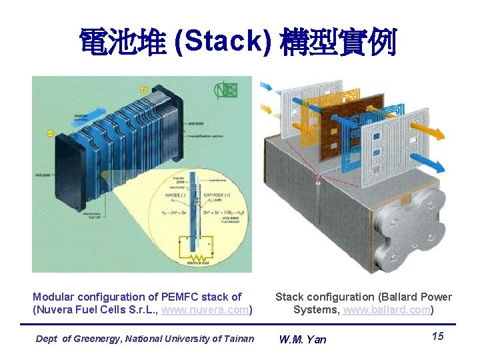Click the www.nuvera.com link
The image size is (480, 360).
209,310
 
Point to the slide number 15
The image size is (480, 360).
437,336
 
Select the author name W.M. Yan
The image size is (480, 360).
303,339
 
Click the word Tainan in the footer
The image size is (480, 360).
239,339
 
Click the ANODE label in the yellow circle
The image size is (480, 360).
169,194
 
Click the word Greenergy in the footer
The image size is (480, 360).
100,339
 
